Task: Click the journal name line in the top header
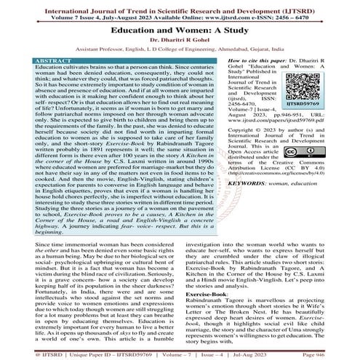[x=180, y=5]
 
